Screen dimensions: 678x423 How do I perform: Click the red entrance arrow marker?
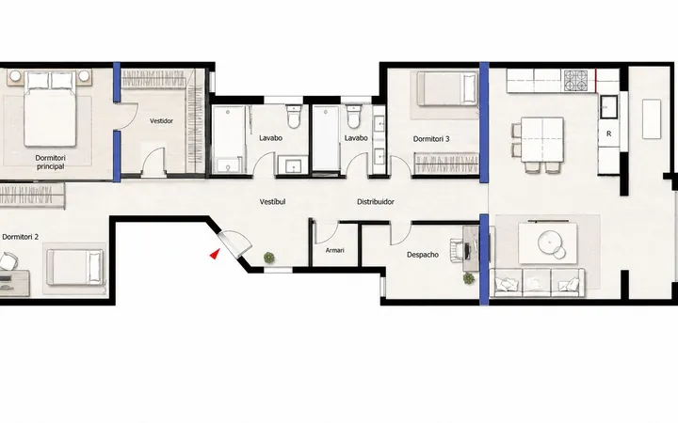click(214, 254)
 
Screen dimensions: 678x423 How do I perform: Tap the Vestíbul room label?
click(272, 201)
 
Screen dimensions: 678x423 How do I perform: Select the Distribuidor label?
click(376, 201)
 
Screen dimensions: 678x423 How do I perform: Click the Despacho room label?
click(423, 255)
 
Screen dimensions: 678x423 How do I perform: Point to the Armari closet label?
click(334, 250)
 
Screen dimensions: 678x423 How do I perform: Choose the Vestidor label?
click(161, 121)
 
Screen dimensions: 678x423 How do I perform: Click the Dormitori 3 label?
click(431, 139)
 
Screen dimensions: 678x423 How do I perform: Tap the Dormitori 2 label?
click(21, 237)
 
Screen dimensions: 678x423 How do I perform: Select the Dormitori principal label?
click(50, 163)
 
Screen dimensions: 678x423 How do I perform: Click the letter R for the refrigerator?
click(609, 133)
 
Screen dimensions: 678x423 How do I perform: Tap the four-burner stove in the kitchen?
click(576, 81)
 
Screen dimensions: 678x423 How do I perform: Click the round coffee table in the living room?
click(550, 243)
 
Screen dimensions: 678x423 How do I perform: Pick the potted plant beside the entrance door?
click(269, 258)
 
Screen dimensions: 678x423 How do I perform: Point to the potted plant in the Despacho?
click(469, 278)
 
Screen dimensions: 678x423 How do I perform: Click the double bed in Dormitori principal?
click(50, 109)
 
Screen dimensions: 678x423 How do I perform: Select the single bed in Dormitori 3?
click(446, 89)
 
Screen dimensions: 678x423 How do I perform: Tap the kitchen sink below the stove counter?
click(608, 106)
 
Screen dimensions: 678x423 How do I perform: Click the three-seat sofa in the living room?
click(537, 283)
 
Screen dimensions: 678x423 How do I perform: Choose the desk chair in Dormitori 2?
click(8, 261)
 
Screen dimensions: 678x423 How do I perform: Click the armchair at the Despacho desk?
click(457, 251)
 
